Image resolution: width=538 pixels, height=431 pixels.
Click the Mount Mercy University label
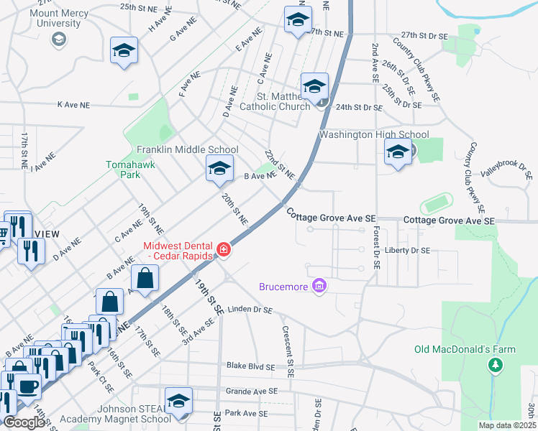click(x=49, y=17)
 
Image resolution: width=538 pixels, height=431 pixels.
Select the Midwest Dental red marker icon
click(x=224, y=251)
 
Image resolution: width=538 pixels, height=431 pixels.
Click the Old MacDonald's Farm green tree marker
click(x=495, y=366)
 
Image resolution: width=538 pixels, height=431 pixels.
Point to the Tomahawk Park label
click(x=131, y=169)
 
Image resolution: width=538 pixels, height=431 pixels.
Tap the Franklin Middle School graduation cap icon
click(x=219, y=170)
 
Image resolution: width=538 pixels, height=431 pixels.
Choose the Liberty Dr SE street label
click(x=407, y=251)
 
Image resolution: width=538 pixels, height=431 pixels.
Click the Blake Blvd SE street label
click(x=252, y=366)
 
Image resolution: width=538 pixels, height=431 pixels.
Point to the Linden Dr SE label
click(x=250, y=310)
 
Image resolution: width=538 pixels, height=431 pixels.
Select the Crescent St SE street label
click(x=288, y=353)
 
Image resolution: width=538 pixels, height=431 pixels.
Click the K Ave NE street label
click(x=73, y=105)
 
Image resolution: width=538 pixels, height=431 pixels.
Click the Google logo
click(x=24, y=422)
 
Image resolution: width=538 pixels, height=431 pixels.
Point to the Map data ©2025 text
click(x=507, y=425)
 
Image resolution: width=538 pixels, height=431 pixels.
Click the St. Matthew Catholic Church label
click(x=284, y=101)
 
